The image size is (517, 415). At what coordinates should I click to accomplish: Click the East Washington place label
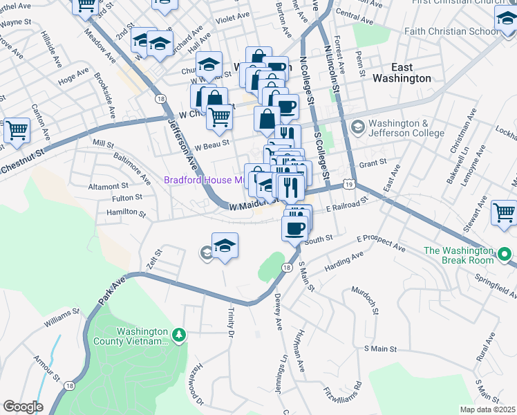[402, 73]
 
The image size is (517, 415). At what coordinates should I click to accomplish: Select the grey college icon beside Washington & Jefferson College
[357, 127]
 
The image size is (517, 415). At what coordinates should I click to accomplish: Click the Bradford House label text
[203, 181]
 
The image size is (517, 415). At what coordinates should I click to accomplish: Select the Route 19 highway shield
[350, 185]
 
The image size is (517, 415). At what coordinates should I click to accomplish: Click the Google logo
[23, 407]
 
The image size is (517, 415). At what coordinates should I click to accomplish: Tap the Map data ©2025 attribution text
[487, 409]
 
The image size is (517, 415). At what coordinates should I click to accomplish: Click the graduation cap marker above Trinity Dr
[225, 246]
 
